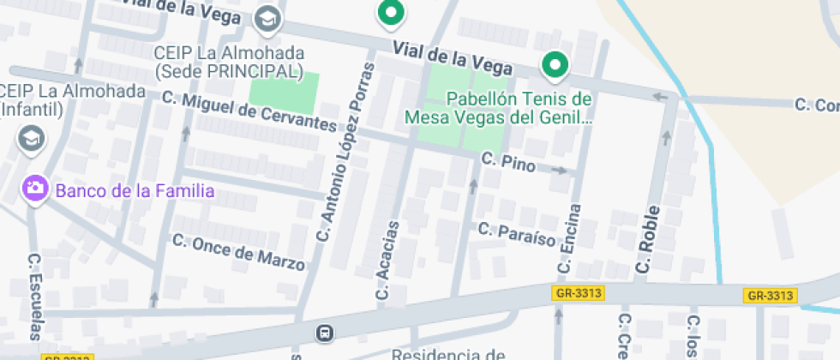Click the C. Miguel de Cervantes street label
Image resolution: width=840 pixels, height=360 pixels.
(x=249, y=111)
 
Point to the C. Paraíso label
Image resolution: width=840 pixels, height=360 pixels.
(x=517, y=234)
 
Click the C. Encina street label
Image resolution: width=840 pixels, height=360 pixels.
(x=569, y=239)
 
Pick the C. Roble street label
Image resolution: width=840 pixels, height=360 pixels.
(x=649, y=240)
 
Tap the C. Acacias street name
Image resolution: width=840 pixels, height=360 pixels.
(x=387, y=261)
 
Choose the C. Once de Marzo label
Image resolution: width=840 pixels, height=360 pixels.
(x=238, y=252)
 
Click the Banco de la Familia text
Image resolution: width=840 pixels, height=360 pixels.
(x=135, y=190)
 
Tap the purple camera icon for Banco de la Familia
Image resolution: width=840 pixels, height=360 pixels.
(x=35, y=189)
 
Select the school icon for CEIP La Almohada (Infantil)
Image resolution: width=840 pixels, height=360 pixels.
(x=31, y=137)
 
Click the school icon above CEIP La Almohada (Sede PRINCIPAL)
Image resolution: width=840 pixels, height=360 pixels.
(x=268, y=18)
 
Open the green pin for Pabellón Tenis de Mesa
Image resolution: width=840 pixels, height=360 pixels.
(x=555, y=64)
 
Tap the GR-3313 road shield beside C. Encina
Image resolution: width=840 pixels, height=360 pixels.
(x=579, y=293)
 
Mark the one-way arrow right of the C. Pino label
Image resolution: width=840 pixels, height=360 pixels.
(x=559, y=171)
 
